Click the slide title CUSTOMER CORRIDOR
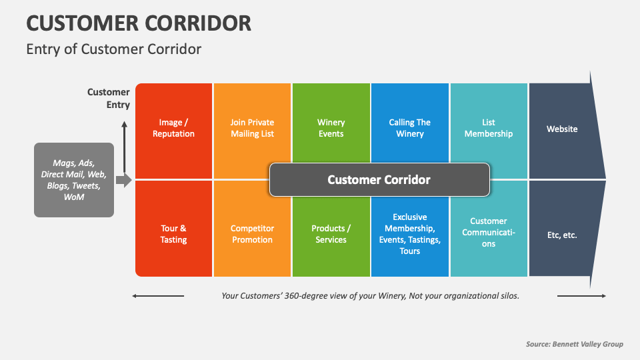[x=139, y=23]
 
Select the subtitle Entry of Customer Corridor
[x=113, y=49]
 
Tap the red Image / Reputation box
[x=173, y=128]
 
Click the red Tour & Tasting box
[x=173, y=234]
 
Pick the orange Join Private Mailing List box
[x=252, y=128]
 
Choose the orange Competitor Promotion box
[x=252, y=234]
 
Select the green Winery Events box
[x=331, y=128]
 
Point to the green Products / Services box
[x=331, y=234]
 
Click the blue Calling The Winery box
[x=410, y=128]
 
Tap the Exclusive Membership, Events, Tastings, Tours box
[x=410, y=234]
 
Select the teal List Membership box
[x=489, y=128]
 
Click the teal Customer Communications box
[x=489, y=233]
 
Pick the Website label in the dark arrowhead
[x=562, y=129]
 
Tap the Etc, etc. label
[x=562, y=235]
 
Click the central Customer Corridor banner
[x=379, y=179]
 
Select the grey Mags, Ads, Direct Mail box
[x=74, y=179]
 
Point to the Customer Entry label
[x=109, y=98]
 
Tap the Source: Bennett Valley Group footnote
[x=574, y=344]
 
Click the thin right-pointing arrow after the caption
[x=581, y=296]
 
